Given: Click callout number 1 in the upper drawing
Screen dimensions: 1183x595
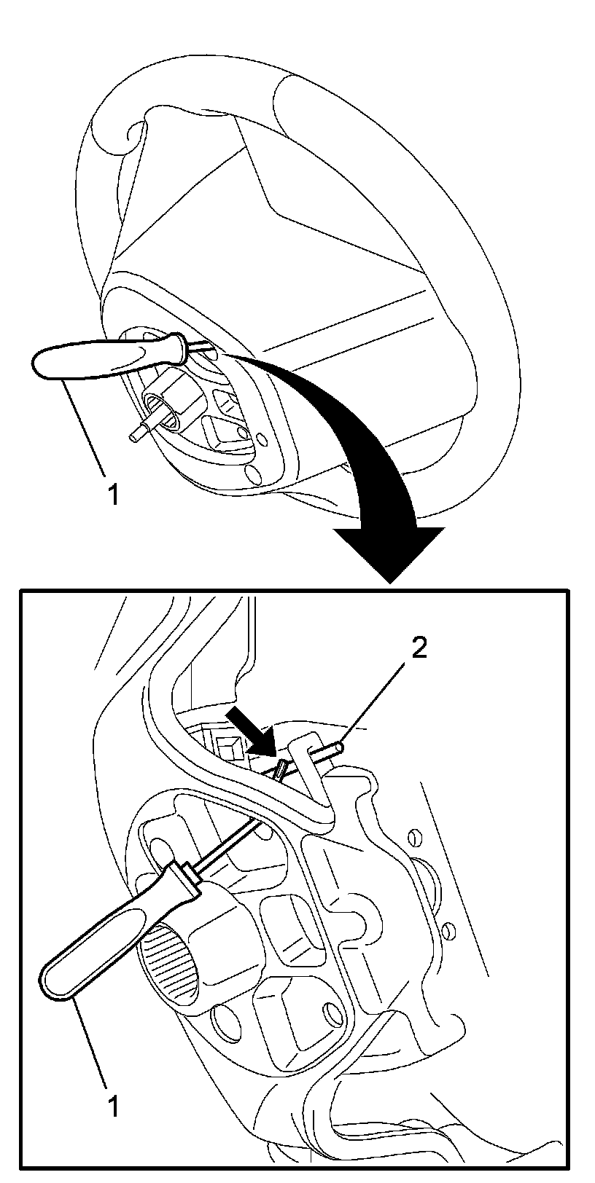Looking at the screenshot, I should [x=112, y=495].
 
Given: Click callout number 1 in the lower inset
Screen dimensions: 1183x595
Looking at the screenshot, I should [x=112, y=1105].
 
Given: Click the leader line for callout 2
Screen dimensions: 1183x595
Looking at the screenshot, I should [x=379, y=699].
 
